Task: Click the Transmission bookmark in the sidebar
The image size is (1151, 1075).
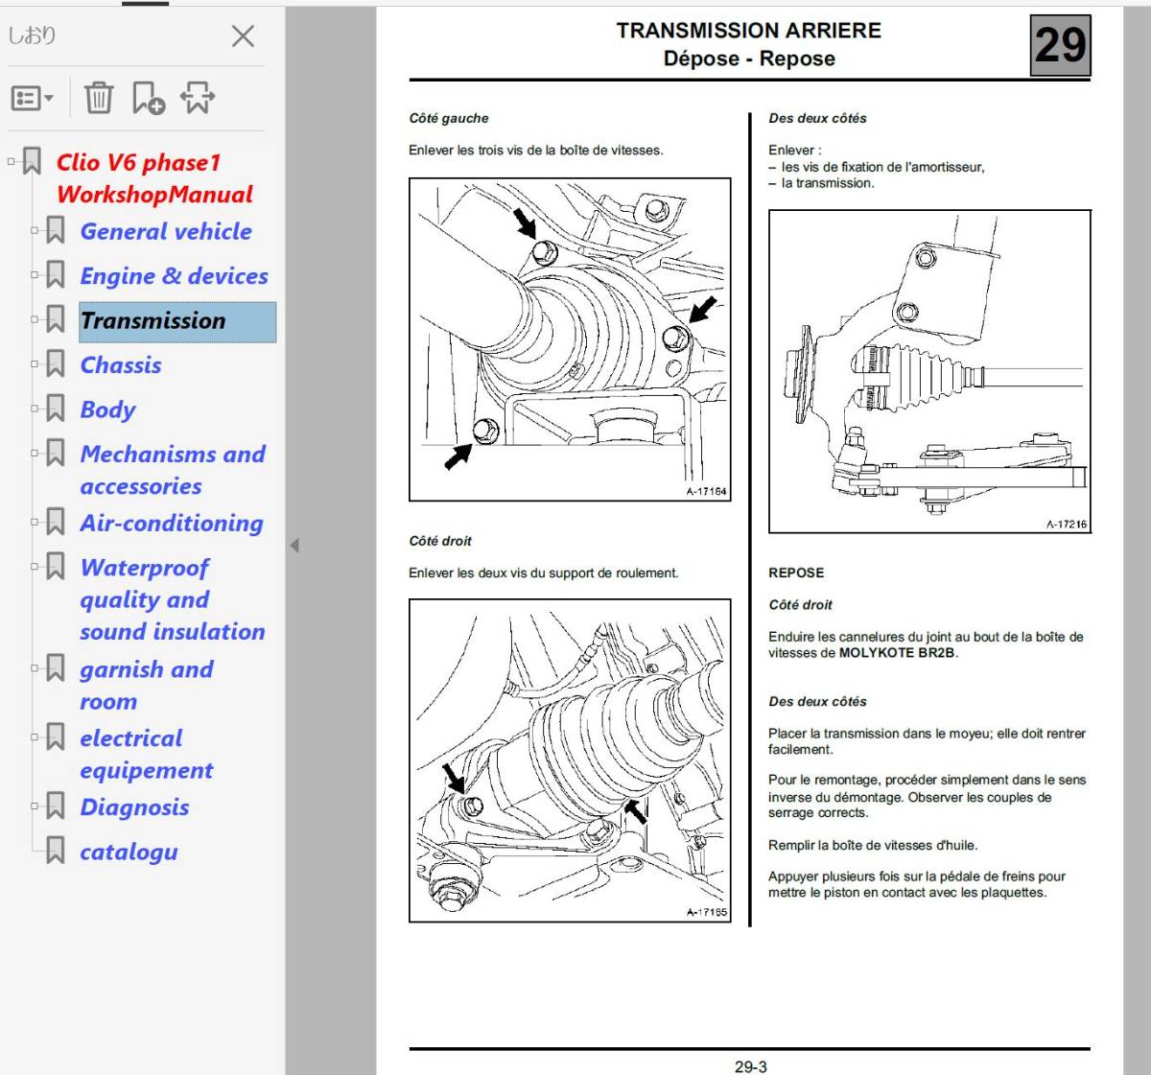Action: click(153, 321)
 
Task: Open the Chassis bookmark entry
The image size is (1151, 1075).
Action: click(121, 365)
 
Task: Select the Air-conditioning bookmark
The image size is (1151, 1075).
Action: click(172, 524)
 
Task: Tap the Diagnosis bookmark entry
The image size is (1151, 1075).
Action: click(134, 807)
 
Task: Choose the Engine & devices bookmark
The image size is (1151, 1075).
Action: click(174, 276)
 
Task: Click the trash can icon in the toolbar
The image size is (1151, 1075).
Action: click(98, 97)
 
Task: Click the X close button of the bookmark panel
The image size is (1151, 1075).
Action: click(243, 36)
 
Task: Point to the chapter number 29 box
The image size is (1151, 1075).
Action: click(1060, 45)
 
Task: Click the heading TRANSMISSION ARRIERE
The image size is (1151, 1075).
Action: click(748, 31)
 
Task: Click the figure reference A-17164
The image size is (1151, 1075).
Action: click(706, 492)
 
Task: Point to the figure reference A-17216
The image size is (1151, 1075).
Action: click(1066, 525)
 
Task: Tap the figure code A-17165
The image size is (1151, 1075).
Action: click(706, 913)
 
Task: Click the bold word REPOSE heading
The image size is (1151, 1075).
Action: click(796, 573)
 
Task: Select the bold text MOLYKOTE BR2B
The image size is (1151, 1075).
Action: click(897, 653)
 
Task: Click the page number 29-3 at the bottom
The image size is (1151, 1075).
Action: click(750, 1066)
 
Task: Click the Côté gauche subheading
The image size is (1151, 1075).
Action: click(448, 118)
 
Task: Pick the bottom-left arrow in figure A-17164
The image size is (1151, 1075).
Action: click(458, 454)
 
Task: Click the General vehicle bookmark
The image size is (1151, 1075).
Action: click(166, 232)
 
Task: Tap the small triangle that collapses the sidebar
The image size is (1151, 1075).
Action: click(294, 546)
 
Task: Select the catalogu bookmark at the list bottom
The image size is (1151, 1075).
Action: click(129, 852)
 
